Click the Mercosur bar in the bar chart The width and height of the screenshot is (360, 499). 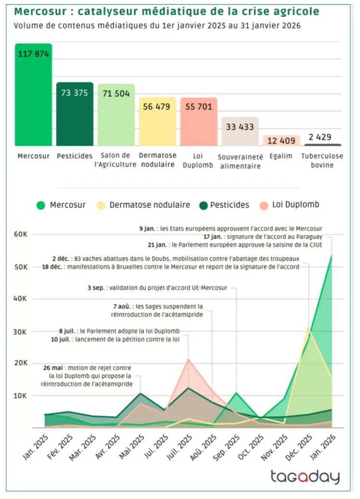[x=33, y=96]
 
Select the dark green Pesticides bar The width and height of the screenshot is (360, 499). [x=75, y=116]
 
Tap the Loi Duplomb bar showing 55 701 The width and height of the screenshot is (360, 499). [x=199, y=123]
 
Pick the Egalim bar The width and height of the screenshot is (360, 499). [x=281, y=141]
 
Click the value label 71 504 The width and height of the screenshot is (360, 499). [x=116, y=93]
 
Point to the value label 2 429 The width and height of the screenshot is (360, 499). [x=320, y=137]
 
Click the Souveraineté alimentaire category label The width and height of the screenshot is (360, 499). [x=240, y=161]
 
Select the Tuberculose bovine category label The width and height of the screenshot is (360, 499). [x=322, y=160]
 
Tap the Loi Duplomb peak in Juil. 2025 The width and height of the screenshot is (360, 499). [x=188, y=359]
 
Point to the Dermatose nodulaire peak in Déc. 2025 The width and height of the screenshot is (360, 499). [x=308, y=328]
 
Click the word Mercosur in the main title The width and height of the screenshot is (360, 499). [x=35, y=11]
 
